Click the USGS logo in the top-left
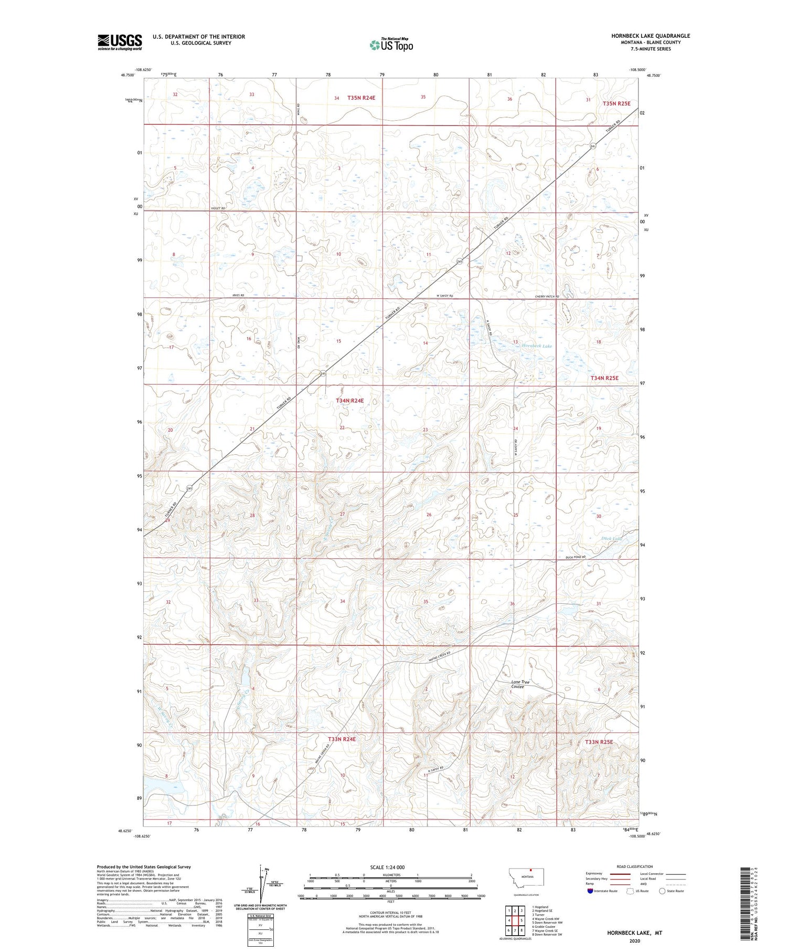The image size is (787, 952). pos(120,42)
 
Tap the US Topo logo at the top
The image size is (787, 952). pos(391,45)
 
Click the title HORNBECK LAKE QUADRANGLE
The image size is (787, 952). pos(650,36)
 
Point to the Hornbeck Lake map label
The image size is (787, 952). pos(536,346)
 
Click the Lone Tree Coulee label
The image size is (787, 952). pos(520,684)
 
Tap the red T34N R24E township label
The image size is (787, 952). pos(349,401)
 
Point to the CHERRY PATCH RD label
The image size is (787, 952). pos(547,297)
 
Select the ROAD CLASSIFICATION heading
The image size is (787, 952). pos(635,866)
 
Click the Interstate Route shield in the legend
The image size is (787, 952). pos(590,891)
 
